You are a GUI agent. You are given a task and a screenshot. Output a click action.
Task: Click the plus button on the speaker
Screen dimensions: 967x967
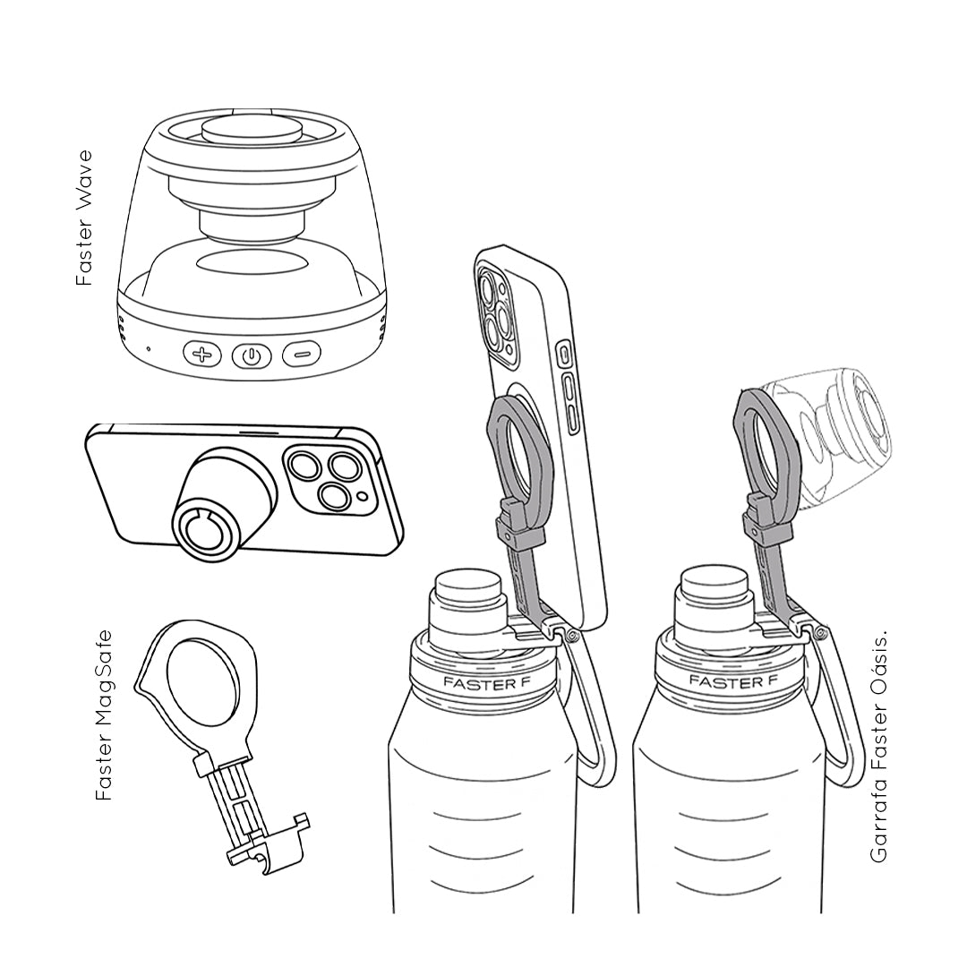(201, 355)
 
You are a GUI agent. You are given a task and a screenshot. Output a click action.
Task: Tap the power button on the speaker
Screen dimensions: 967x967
(251, 355)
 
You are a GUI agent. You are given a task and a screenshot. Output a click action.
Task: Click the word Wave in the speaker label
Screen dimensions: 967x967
(84, 176)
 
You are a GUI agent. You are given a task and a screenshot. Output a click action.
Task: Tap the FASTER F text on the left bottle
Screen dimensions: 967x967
(483, 683)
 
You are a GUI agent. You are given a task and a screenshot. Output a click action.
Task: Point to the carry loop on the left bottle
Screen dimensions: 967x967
(591, 709)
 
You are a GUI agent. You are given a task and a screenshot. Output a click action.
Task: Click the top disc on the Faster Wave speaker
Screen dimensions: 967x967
(251, 130)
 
